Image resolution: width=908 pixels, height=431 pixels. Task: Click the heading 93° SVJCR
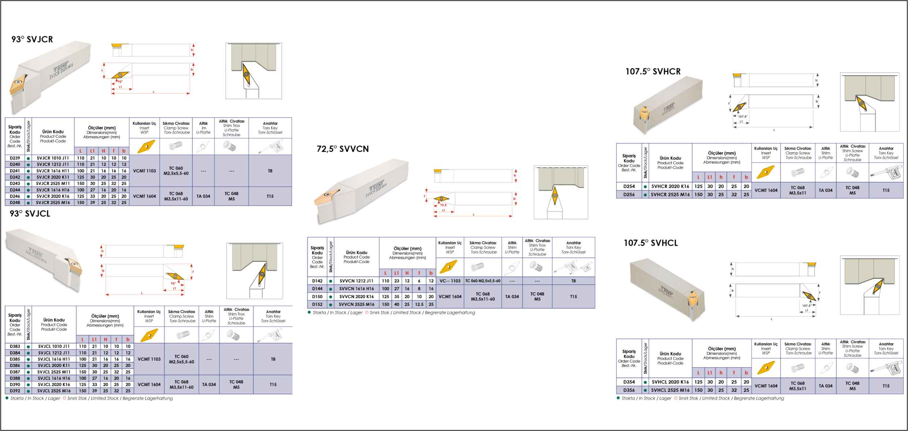pos(32,39)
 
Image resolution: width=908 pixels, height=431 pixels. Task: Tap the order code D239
pos(15,158)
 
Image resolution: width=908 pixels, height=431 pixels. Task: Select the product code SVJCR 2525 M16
pos(53,202)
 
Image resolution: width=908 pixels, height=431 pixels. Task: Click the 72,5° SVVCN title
pos(343,149)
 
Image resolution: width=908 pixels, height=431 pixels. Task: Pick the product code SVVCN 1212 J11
pos(356,281)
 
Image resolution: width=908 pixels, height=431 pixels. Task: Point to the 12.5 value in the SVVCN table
pos(419,304)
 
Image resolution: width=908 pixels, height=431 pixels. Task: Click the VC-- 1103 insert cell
pos(450,281)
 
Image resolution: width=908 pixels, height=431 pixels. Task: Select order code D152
pos(317,304)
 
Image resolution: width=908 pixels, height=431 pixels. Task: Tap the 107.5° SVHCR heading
pos(653,71)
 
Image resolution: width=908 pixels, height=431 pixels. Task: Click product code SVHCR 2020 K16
pos(670,186)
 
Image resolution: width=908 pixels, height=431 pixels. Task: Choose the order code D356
pos(629,390)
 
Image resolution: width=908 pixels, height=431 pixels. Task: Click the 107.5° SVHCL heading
pos(651,243)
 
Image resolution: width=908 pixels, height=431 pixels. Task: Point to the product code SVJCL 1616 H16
pos(54,378)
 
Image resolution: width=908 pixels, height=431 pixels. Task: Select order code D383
pos(15,346)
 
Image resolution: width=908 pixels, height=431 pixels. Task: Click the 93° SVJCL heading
pos(30,214)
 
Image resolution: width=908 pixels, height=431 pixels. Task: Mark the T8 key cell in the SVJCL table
pos(273,359)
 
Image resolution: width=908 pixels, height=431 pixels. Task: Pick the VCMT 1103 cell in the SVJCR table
pos(144,171)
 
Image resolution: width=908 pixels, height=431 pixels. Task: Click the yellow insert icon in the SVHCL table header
pos(766,368)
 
